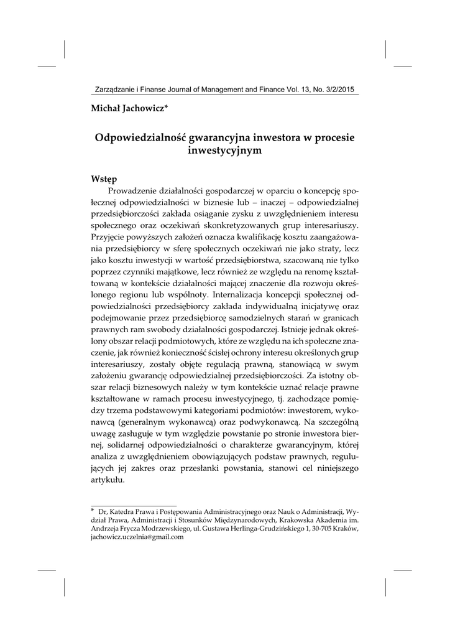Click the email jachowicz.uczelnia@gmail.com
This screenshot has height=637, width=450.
(x=137, y=537)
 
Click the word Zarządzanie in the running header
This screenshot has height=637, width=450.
(x=112, y=90)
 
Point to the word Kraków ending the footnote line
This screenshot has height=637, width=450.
(x=347, y=528)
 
